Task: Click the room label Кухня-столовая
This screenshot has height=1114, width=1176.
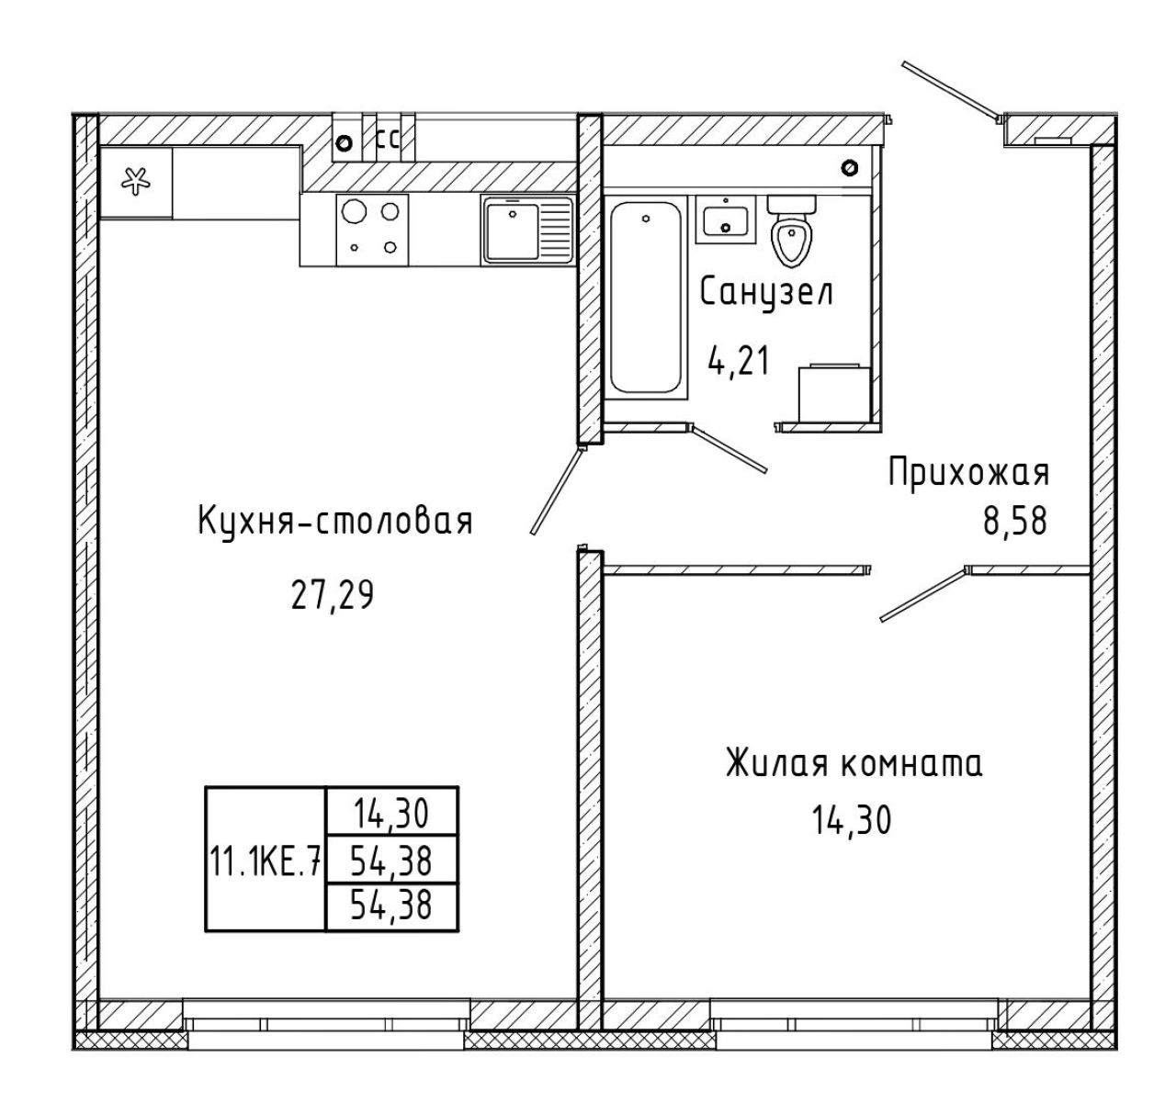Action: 334,522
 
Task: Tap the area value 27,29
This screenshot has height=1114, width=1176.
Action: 332,595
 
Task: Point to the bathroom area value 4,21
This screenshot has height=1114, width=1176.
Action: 738,362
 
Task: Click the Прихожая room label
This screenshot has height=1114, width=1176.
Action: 969,472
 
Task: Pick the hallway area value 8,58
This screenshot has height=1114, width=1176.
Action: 1015,522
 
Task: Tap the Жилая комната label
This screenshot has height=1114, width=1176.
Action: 854,764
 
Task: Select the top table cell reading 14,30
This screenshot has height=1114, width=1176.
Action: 391,813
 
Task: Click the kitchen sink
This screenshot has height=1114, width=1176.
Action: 527,231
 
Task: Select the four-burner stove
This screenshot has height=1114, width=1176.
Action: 372,231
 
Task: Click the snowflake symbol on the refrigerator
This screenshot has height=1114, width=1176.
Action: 135,181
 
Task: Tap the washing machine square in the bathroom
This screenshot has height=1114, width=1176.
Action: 834,391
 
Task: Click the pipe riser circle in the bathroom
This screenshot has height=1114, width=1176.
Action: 850,167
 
